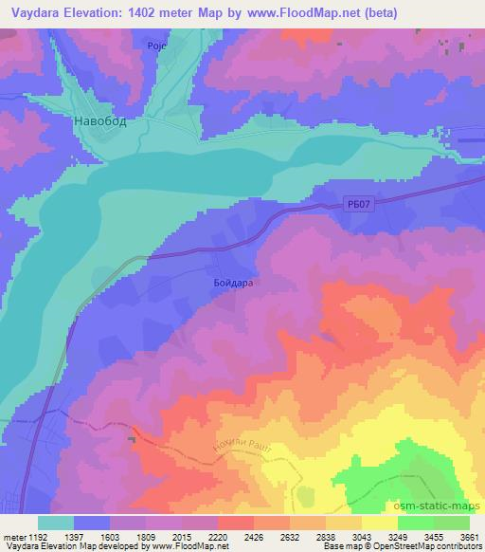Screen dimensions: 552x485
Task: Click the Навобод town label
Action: click(x=99, y=122)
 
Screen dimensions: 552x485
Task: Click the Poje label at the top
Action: click(x=157, y=46)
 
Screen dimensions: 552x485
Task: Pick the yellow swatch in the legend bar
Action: click(x=379, y=523)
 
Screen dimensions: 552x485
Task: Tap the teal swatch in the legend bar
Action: click(x=55, y=523)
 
